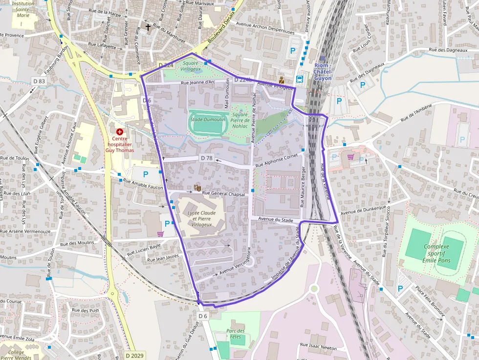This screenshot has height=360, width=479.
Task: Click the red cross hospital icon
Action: (119, 132)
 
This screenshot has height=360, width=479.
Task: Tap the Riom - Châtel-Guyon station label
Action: (323, 72)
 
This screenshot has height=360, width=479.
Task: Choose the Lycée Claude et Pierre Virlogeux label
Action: (201, 219)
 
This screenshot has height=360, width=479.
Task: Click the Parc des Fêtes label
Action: (235, 334)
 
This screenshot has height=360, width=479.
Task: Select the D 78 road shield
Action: (207, 158)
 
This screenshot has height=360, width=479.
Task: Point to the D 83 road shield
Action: (39, 81)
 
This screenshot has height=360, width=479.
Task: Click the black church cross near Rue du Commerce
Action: (148, 27)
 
